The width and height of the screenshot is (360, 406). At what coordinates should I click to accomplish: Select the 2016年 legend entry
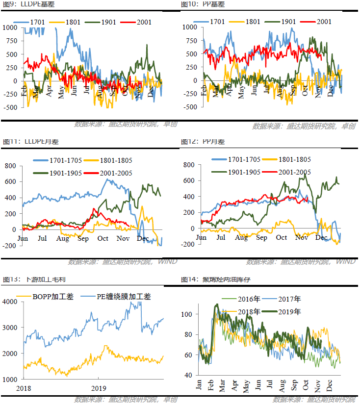tap(248, 299)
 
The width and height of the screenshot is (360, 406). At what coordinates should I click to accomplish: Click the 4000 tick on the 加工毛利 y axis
tap(11, 302)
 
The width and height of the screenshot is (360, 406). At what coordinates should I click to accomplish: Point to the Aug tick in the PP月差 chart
tap(241, 238)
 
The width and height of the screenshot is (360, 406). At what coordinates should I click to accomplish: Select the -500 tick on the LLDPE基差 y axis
tap(9, 107)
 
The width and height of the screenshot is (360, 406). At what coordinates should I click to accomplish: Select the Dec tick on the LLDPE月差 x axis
tap(143, 238)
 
